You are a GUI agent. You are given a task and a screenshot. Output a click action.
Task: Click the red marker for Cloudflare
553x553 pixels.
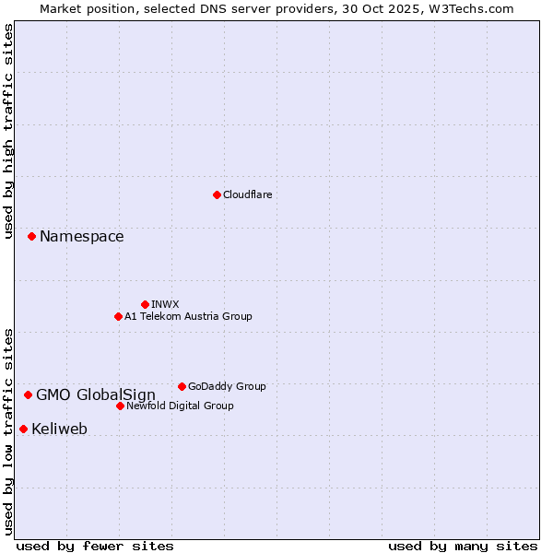point(217,194)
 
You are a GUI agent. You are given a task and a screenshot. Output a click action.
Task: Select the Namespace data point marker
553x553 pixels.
point(31,237)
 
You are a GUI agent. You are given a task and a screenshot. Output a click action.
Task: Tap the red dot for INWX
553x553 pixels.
point(145,304)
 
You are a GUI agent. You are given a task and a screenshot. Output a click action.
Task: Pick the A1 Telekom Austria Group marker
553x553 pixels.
point(118,316)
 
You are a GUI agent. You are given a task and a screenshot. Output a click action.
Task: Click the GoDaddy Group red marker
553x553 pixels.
point(182,386)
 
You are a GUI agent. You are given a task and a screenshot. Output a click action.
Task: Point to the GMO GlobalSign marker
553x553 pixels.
point(28,394)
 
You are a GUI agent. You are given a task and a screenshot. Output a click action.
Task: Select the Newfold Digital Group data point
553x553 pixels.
point(120,406)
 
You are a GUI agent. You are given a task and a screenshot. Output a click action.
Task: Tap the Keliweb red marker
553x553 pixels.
point(23,429)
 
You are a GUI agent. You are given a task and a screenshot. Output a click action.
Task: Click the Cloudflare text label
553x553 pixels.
point(247,194)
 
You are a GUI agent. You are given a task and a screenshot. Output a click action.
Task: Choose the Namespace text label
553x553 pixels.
point(81,237)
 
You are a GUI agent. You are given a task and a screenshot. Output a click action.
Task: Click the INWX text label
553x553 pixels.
point(165,304)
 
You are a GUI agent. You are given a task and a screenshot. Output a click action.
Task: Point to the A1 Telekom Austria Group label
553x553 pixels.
point(188,316)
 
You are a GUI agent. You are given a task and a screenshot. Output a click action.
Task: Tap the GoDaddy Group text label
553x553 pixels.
point(227,386)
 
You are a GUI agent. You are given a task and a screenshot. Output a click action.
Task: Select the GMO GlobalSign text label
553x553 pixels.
point(96,395)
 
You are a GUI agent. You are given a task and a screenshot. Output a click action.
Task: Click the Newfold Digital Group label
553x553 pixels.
point(180,406)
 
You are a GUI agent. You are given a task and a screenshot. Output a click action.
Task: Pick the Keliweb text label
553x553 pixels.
point(59,429)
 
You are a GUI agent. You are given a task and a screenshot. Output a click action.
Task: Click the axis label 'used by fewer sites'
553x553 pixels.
point(95,546)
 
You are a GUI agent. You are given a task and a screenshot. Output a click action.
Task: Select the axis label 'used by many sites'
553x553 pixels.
point(463,546)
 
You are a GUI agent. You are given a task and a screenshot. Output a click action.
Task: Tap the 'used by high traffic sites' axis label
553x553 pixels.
point(8,131)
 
